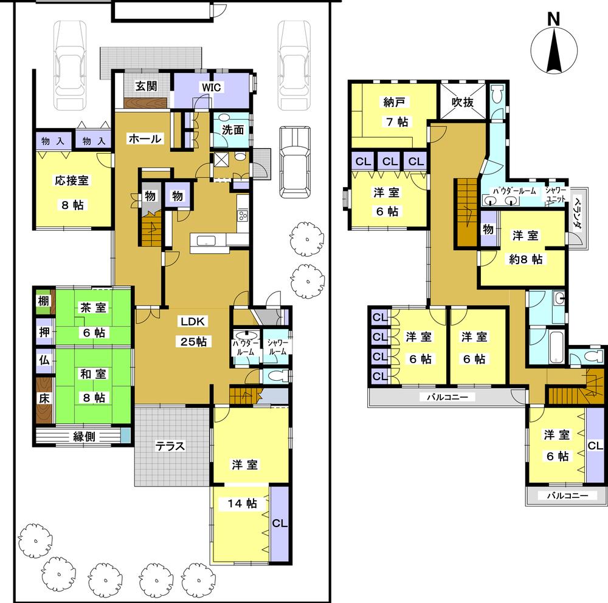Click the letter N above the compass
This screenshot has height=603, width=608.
point(553,19)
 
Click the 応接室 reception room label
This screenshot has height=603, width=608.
point(72,180)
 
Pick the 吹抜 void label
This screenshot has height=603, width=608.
point(461,103)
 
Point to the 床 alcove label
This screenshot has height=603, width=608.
point(44,399)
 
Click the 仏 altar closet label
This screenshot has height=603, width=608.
point(44,359)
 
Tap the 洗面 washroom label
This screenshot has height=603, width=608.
point(230,129)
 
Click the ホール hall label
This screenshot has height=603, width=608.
point(144,139)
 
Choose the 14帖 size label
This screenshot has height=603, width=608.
point(243,503)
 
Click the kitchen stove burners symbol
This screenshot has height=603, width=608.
point(243,215)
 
